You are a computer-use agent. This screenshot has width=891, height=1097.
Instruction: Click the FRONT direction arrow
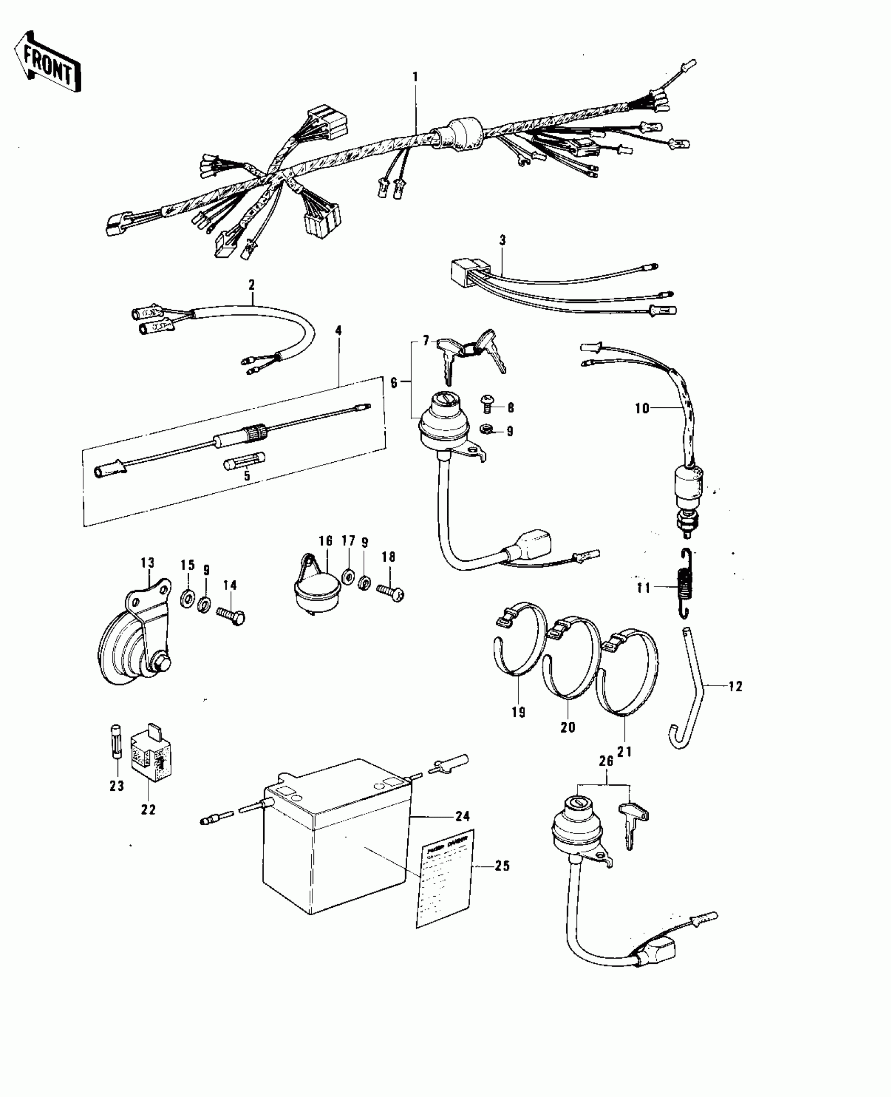[47, 62]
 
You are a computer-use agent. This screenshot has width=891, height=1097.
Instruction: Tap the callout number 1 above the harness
[415, 77]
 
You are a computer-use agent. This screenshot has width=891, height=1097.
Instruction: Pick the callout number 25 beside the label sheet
[502, 865]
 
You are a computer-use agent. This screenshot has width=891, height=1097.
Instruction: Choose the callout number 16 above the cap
[325, 541]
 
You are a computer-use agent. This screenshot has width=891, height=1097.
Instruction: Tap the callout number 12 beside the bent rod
[736, 687]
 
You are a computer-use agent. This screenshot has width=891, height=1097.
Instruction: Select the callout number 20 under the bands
[568, 727]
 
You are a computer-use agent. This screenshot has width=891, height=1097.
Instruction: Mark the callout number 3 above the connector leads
[502, 241]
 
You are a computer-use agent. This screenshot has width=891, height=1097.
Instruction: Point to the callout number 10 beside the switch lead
[642, 408]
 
